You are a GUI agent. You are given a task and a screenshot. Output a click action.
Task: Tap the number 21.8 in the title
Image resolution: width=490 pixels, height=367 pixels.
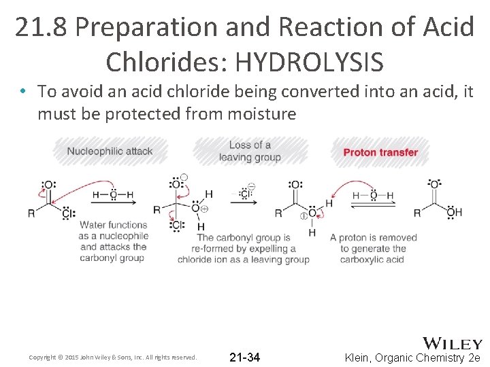tap(42, 27)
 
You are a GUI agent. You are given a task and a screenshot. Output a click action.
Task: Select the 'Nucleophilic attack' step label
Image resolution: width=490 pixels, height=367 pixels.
tap(110, 151)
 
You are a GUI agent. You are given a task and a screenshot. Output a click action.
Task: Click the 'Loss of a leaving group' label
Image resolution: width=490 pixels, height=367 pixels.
tap(250, 151)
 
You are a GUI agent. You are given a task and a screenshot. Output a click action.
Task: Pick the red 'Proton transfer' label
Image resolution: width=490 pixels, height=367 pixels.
tap(380, 152)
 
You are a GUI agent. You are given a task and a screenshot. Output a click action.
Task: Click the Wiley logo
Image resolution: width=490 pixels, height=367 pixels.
tap(453, 343)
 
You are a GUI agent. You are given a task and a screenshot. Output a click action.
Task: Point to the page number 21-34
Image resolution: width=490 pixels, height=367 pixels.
tap(244, 357)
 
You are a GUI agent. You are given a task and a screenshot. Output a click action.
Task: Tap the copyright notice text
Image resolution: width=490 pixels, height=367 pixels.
tap(112, 357)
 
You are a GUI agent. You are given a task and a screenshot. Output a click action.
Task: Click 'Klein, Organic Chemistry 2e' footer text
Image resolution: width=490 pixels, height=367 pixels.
tap(413, 357)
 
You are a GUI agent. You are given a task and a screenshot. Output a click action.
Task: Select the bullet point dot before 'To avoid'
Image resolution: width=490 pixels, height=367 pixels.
tap(23, 92)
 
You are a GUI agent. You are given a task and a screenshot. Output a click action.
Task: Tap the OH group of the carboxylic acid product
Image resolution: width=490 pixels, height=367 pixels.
tap(454, 213)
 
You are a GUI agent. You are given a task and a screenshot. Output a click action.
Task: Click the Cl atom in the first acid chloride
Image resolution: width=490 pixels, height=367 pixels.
tap(67, 213)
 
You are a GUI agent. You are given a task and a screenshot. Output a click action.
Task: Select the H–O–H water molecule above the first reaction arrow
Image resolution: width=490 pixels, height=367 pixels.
tap(113, 195)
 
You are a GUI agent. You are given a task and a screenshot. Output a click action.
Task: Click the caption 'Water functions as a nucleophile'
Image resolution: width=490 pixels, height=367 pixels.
tap(113, 241)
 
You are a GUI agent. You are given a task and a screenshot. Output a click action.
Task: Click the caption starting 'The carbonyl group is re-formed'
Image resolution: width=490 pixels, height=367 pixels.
tap(243, 248)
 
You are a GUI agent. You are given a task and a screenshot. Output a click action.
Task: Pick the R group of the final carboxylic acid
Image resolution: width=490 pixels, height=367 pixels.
tap(417, 213)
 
